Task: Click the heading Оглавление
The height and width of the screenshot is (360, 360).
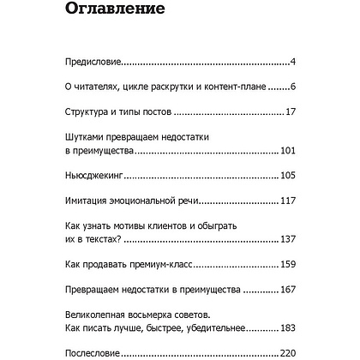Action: (x=130, y=13)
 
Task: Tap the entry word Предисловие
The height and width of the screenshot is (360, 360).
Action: (x=93, y=63)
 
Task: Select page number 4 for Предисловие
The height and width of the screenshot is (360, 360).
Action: (x=292, y=63)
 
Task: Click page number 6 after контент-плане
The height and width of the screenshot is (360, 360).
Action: (x=292, y=87)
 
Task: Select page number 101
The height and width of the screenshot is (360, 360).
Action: (x=287, y=152)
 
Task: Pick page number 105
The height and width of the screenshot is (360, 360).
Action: (x=287, y=177)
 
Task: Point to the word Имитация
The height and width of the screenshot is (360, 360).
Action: (x=91, y=201)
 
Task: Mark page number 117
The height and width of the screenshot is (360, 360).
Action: (x=287, y=201)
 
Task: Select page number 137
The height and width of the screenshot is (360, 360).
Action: (x=287, y=241)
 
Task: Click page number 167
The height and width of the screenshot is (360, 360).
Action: (x=287, y=291)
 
